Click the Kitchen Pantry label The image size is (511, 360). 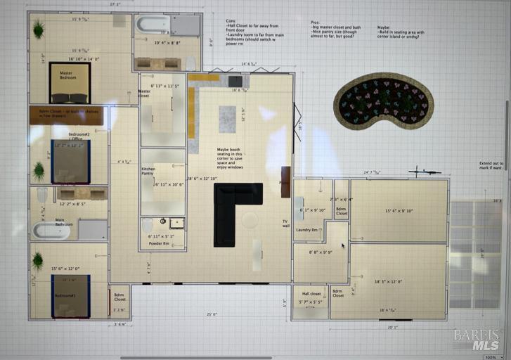coord(148,171)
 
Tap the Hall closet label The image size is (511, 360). coord(311,293)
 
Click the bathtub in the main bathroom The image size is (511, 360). coord(51,231)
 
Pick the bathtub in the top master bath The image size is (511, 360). coord(153,25)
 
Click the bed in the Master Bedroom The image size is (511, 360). coord(69,88)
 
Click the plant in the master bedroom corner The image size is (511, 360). coord(38,29)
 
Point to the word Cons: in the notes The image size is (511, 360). coord(231,21)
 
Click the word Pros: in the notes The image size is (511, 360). coord(316,22)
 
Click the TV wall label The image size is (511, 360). coord(286,223)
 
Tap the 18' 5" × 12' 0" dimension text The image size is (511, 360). coord(399,282)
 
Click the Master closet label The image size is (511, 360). coord(144,93)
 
